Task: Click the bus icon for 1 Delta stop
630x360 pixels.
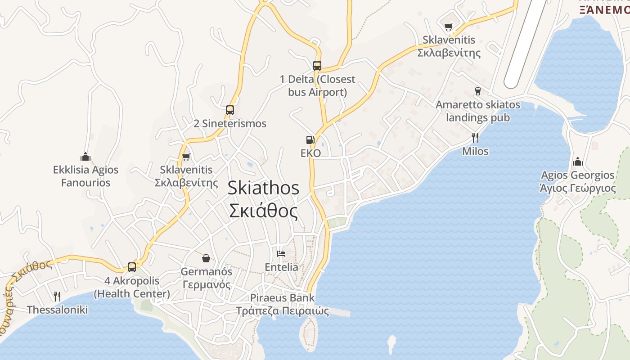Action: pos(317,65)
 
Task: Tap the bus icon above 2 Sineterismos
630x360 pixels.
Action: pos(230,110)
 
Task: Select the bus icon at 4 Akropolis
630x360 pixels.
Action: pos(132,267)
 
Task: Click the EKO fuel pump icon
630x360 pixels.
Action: pos(310,140)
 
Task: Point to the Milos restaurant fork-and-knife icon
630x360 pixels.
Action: pos(475,137)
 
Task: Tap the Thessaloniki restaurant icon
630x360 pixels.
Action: pos(57,296)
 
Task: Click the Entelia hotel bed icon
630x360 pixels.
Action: pos(281,254)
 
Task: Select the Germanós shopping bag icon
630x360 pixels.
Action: pos(206,258)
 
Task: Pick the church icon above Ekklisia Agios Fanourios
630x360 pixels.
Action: pos(85,157)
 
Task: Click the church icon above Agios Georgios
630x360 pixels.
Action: pos(577,162)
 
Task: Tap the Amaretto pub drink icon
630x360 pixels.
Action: pos(478,91)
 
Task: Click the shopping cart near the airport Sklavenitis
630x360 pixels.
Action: pos(448,27)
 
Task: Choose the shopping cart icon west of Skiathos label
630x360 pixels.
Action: pos(186,157)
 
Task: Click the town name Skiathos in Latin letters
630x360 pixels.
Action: pos(263,188)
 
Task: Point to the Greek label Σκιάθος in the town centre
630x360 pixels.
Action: pos(263,211)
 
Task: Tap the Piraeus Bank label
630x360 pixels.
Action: pos(282,298)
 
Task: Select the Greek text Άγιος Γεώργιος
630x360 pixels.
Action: pos(577,188)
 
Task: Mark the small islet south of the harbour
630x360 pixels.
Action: pos(391,344)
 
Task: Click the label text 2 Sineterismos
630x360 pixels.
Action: pos(230,123)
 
